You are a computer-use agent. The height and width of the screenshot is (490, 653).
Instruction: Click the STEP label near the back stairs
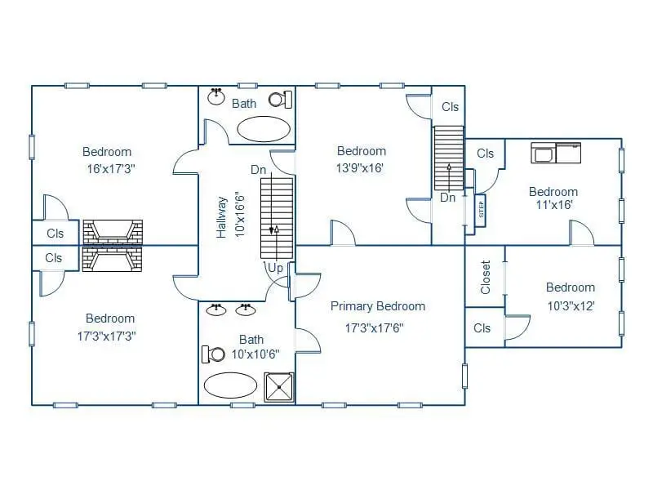[x=481, y=210]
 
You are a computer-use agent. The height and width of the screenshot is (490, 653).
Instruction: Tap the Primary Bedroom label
[x=378, y=306]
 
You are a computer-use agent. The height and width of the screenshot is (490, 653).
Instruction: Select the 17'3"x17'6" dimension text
[x=375, y=328]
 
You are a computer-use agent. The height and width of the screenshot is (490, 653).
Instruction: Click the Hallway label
[x=221, y=217]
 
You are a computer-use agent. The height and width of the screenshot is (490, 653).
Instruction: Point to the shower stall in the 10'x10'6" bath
[x=279, y=387]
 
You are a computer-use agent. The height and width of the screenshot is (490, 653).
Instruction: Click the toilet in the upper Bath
[x=280, y=100]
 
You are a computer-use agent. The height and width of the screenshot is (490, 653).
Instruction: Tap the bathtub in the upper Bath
[x=264, y=129]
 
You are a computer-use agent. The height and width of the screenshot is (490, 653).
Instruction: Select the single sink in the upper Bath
[x=216, y=96]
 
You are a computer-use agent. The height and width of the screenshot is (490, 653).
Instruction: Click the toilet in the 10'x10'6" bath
[x=213, y=354]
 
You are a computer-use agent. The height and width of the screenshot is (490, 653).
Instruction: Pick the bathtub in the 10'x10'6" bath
[x=230, y=385]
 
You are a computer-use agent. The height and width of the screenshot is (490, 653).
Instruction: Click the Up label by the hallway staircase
[x=275, y=268]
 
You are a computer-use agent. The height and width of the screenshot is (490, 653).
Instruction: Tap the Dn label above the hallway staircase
[x=258, y=170]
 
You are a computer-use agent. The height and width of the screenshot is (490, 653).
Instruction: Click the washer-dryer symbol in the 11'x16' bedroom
[x=556, y=153]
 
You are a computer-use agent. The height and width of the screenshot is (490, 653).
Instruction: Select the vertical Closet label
[x=486, y=277]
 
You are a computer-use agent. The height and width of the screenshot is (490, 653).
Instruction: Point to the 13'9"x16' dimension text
[x=360, y=168]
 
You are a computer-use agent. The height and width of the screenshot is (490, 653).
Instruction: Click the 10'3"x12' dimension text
[x=571, y=306]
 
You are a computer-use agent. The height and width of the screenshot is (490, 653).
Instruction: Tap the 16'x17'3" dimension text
[x=111, y=169]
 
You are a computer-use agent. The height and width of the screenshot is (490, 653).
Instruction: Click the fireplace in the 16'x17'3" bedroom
[x=113, y=232]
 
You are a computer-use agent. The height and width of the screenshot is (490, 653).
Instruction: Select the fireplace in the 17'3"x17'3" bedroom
[x=113, y=259]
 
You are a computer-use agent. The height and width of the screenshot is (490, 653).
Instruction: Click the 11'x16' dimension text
[x=554, y=205]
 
